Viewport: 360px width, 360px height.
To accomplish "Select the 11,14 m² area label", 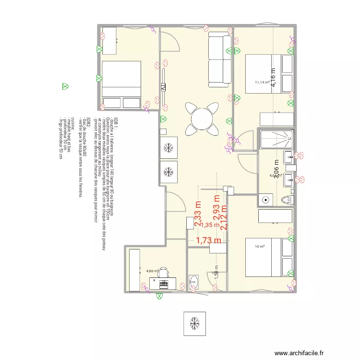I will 263,82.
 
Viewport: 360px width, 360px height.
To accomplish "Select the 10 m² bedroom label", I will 260,247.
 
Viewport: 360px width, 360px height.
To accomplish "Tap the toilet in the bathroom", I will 286,200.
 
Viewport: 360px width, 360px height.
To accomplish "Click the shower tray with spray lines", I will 276,140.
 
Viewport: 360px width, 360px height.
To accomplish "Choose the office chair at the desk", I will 163,273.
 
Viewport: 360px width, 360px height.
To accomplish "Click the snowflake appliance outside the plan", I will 195,323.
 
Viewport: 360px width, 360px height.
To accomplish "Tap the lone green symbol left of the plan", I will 64,87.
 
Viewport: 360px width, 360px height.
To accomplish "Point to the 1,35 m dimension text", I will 209,225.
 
